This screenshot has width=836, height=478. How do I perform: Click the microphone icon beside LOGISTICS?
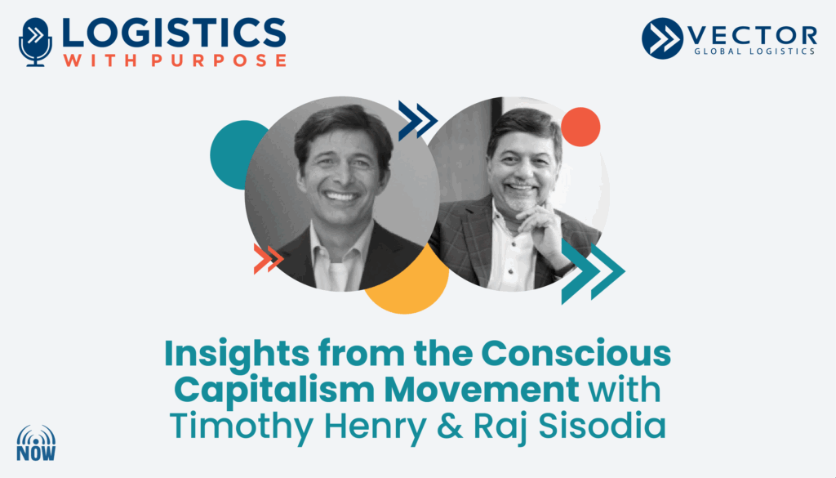pyautogui.click(x=35, y=42)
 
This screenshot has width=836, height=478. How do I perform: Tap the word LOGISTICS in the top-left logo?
pyautogui.click(x=174, y=33)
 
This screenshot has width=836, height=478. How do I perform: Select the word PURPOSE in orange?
pyautogui.click(x=219, y=60)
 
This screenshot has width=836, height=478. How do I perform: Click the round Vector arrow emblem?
pyautogui.click(x=662, y=38)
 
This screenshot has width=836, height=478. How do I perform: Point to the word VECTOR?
pyautogui.click(x=752, y=36)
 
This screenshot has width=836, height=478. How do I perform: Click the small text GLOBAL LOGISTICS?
pyautogui.click(x=754, y=51)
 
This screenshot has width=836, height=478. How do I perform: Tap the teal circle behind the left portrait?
pyautogui.click(x=234, y=154)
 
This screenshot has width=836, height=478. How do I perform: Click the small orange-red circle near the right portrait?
pyautogui.click(x=580, y=127)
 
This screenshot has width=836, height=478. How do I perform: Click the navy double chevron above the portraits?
pyautogui.click(x=418, y=121)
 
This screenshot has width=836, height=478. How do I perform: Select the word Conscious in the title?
pyautogui.click(x=576, y=353)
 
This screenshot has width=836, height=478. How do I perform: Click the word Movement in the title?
pyautogui.click(x=482, y=390)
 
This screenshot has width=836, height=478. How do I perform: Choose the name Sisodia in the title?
pyautogui.click(x=603, y=426)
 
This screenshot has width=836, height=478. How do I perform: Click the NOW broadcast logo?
pyautogui.click(x=36, y=443)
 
